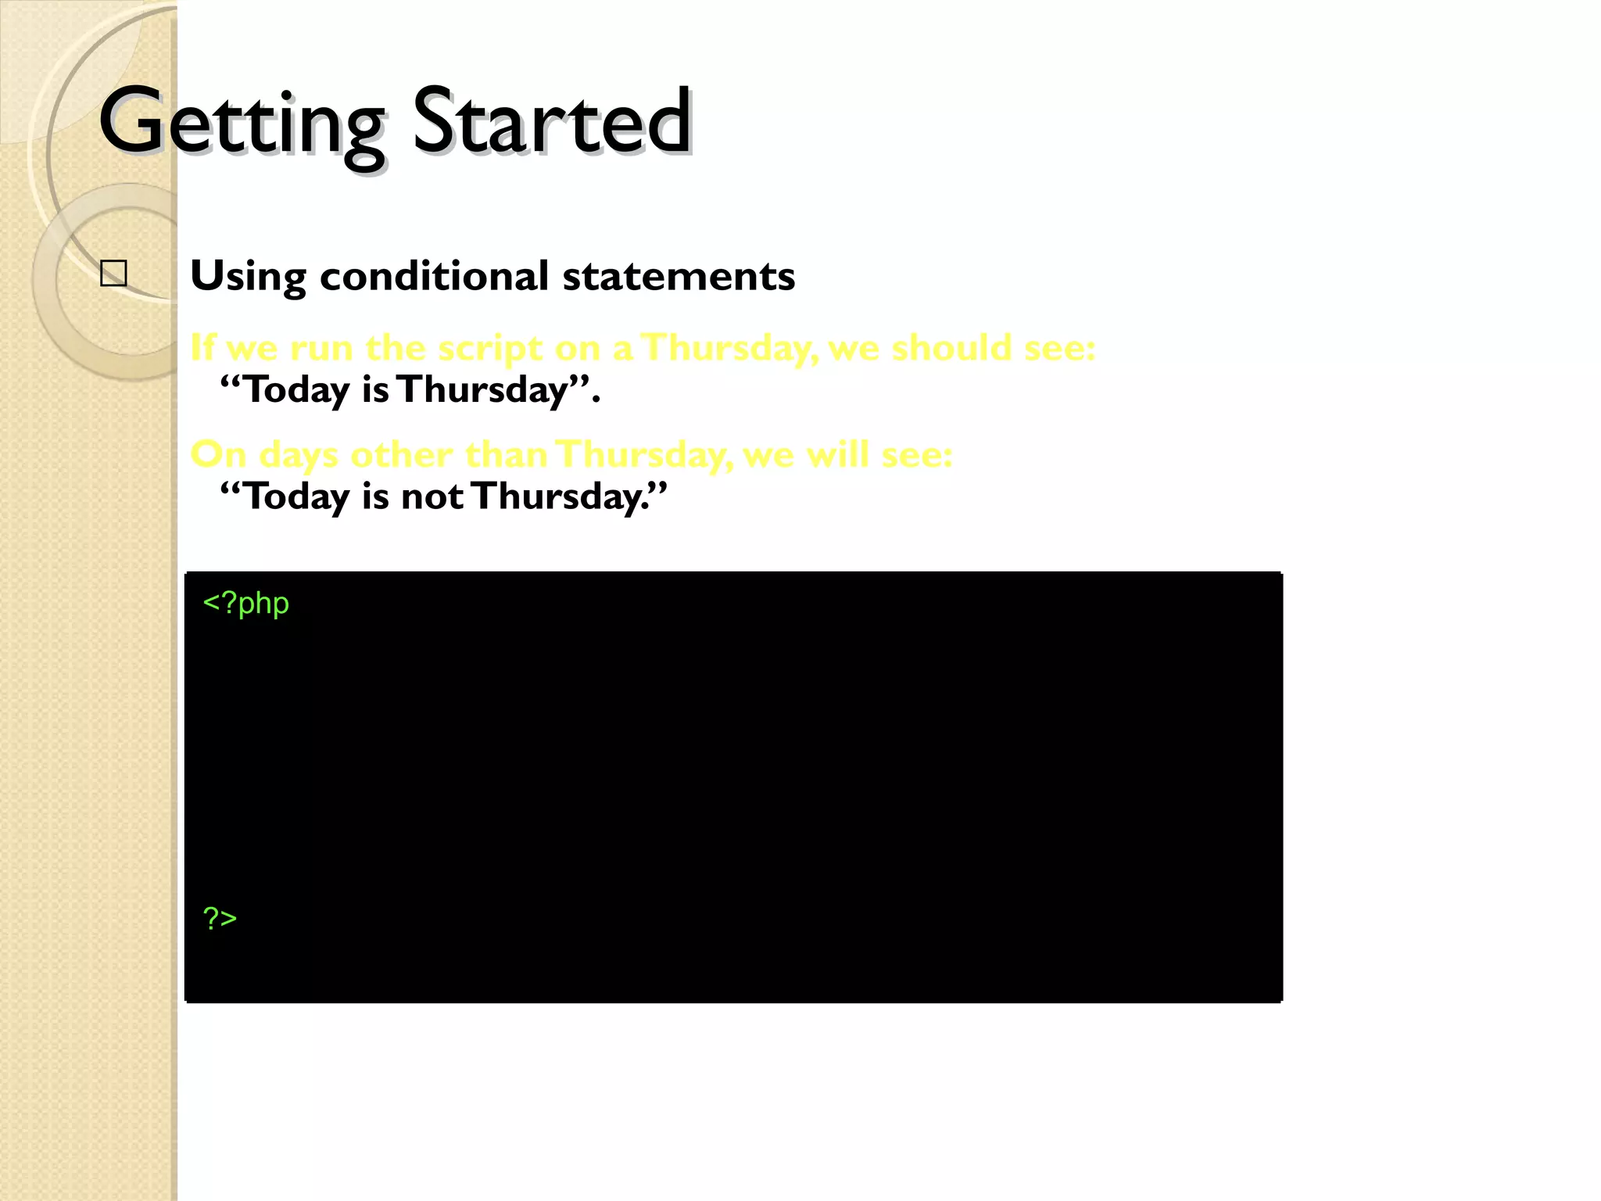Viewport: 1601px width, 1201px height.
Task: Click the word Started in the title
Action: pos(551,122)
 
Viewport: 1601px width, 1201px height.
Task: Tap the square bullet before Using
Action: pos(114,274)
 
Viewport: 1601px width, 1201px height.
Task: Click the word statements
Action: pos(678,276)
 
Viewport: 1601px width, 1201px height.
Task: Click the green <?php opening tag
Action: pos(245,604)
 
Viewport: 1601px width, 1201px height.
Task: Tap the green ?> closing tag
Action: pos(220,918)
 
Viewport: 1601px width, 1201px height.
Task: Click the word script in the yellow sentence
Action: pos(489,348)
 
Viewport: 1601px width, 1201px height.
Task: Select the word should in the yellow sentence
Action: pos(951,348)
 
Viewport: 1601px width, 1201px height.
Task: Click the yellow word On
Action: pos(218,454)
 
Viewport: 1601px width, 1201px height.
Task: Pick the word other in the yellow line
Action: pos(401,454)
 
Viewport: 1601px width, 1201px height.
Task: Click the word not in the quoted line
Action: pos(432,497)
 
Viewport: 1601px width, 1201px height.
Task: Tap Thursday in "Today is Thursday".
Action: pos(482,390)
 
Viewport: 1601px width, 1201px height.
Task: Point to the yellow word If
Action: pos(202,348)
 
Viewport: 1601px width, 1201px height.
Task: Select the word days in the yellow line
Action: pos(298,456)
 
